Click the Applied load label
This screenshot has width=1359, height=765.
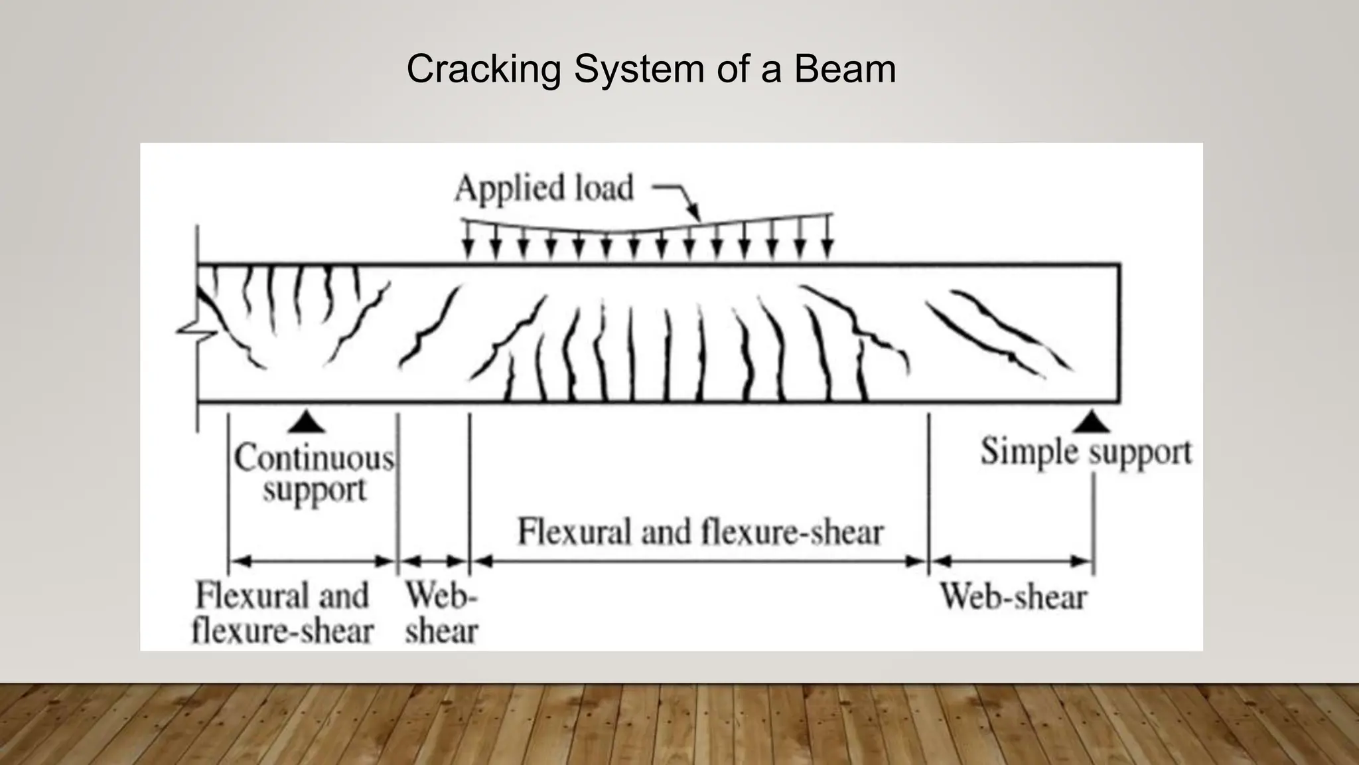(543, 188)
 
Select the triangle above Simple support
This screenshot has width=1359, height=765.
(1092, 422)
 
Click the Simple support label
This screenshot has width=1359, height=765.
(1086, 452)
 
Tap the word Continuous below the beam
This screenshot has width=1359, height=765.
(314, 458)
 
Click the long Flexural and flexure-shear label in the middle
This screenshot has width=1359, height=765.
(700, 532)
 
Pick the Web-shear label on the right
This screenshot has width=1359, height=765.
(1013, 596)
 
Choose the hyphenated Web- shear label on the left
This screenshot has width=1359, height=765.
(441, 613)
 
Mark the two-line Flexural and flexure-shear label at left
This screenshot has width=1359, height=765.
(282, 613)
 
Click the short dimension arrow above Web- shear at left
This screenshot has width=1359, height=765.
(434, 562)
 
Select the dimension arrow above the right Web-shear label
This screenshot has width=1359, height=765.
(1011, 562)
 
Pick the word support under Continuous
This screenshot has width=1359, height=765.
(314, 491)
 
